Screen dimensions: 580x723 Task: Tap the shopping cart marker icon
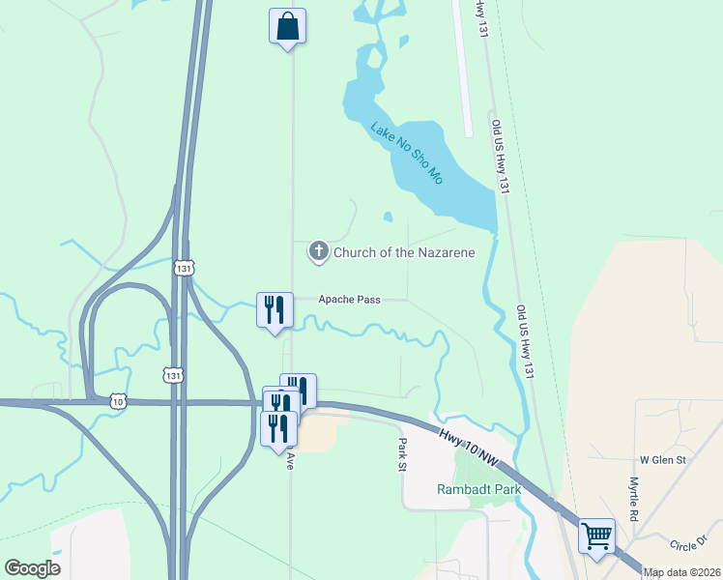click(596, 535)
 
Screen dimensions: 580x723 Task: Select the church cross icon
click(318, 252)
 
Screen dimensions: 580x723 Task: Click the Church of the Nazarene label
click(404, 253)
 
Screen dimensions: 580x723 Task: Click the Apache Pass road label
click(349, 300)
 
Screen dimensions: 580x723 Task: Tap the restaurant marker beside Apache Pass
click(275, 309)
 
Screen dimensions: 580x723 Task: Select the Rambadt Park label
click(478, 489)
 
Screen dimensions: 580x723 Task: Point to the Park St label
click(403, 454)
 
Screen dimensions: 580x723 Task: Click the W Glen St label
click(662, 460)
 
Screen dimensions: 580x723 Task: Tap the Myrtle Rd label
click(634, 500)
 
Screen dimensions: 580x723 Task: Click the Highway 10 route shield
click(118, 400)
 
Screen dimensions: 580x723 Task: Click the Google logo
click(32, 568)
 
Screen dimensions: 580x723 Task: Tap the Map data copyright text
click(682, 572)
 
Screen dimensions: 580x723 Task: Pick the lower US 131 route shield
click(172, 374)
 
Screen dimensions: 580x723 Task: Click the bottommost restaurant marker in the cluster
click(278, 427)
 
